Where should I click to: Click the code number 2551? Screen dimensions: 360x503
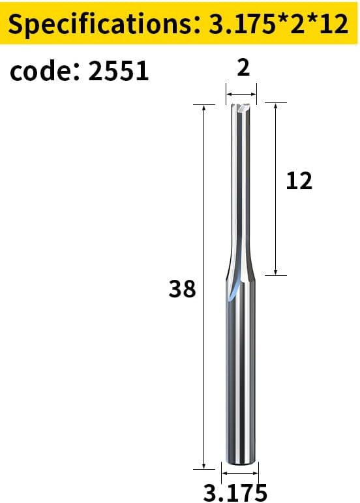118,70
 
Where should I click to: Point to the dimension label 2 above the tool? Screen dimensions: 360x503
243,68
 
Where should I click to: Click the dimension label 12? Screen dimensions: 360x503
299,181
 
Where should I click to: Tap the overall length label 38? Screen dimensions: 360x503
182,288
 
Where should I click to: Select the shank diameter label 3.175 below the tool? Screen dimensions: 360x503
235,493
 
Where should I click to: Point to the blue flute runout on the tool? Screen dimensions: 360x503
234,289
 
